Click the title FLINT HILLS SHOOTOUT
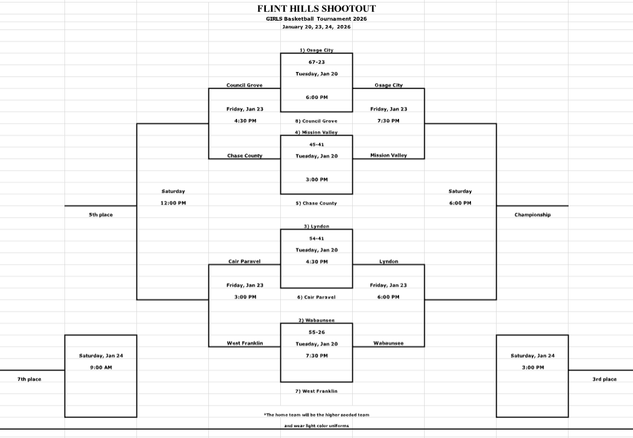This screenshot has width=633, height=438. [x=316, y=9]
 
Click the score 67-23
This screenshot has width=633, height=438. [x=316, y=62]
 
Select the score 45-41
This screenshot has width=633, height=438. [x=316, y=144]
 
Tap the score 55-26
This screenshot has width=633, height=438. [x=316, y=332]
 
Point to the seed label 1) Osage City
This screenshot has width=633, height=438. [x=316, y=50]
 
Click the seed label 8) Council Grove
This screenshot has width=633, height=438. [x=316, y=121]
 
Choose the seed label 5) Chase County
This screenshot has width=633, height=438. [x=316, y=203]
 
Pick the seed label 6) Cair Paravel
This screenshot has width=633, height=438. [x=316, y=297]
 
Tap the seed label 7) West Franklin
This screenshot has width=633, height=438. [x=316, y=391]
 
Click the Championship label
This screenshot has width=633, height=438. [x=532, y=215]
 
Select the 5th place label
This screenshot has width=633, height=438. [x=101, y=215]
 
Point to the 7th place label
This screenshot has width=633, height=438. [x=29, y=379]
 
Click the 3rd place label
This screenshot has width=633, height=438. [x=604, y=379]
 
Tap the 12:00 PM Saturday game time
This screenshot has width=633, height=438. [x=173, y=203]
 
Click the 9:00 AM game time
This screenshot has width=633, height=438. [x=101, y=367]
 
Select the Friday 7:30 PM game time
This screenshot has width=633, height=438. [x=388, y=121]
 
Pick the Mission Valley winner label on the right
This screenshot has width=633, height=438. [x=388, y=155]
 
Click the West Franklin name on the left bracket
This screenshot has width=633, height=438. [x=245, y=343]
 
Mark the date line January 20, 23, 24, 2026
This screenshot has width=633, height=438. [x=316, y=27]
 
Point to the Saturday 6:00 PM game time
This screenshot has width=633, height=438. [x=460, y=203]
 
